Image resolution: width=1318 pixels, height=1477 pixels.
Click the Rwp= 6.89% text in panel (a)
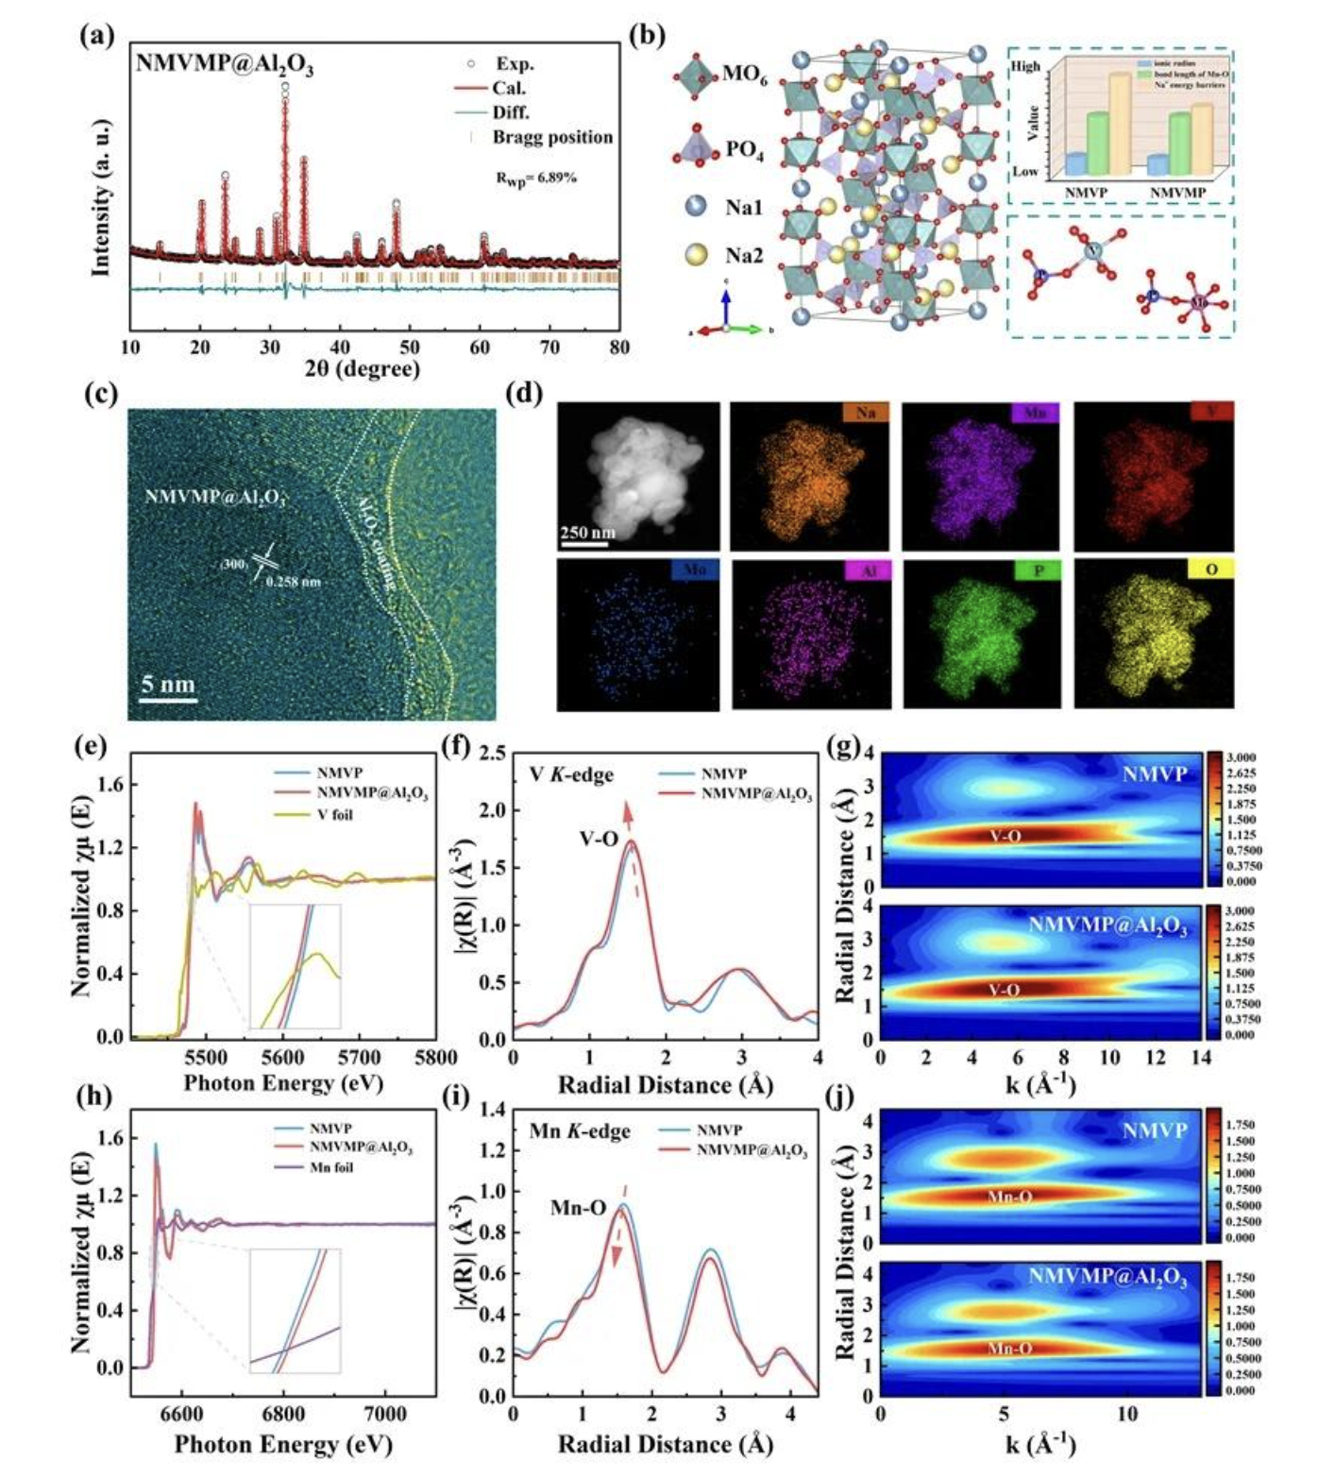click(535, 178)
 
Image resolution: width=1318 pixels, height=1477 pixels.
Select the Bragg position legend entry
click(552, 137)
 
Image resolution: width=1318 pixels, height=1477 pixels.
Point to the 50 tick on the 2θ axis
click(410, 347)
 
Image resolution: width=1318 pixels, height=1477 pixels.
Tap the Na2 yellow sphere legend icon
click(696, 254)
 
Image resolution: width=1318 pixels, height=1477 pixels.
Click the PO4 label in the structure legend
click(744, 149)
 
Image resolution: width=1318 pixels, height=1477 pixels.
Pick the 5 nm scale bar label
click(168, 684)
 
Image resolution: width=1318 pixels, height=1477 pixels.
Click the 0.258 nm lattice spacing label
click(293, 582)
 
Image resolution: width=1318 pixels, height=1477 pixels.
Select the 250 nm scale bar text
click(587, 533)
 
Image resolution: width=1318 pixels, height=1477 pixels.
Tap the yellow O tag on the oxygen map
click(1210, 569)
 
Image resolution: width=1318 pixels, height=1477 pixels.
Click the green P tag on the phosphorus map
click(1039, 569)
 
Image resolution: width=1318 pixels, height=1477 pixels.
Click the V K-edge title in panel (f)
click(571, 775)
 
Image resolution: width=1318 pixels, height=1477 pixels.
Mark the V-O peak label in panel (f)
click(599, 838)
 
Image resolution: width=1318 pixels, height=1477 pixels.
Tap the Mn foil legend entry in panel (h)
click(331, 1167)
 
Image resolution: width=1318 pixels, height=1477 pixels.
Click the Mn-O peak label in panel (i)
click(578, 1207)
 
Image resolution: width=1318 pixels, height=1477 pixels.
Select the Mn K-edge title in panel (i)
click(579, 1130)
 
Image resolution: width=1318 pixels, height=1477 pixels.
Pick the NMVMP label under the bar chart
click(1177, 193)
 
